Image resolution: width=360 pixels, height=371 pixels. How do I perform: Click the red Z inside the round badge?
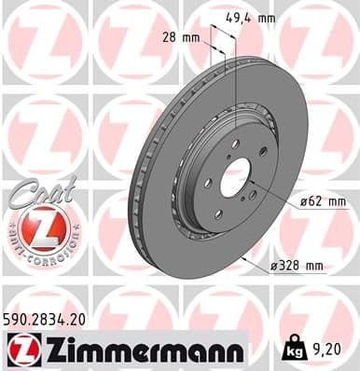39,227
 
